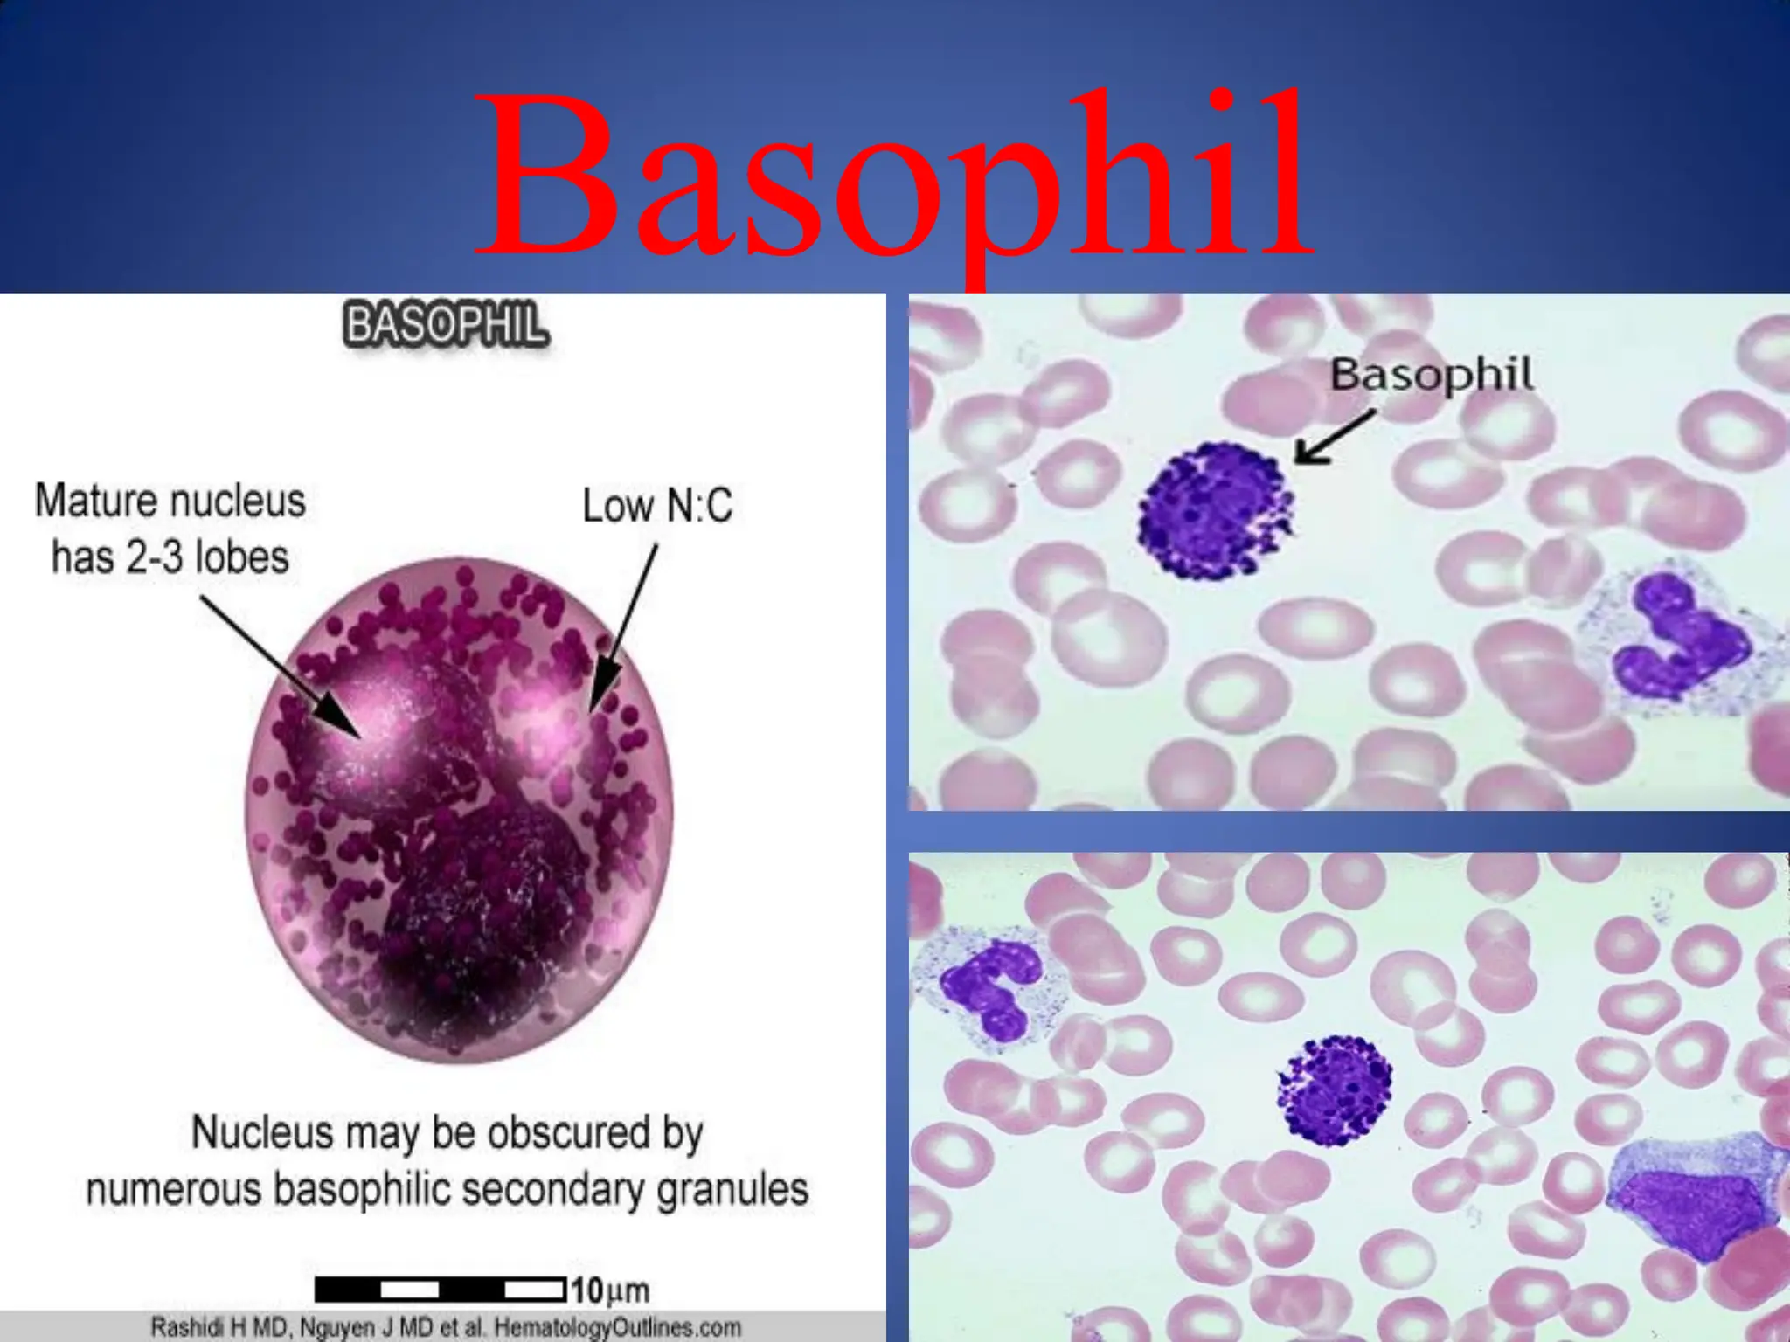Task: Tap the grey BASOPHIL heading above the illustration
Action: coord(446,325)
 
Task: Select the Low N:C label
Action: coord(657,506)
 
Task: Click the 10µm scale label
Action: coord(610,1290)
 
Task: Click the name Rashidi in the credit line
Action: coord(188,1328)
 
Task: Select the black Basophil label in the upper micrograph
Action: coord(1431,376)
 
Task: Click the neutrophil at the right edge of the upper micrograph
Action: coord(1678,642)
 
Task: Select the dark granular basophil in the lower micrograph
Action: coord(1335,1089)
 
